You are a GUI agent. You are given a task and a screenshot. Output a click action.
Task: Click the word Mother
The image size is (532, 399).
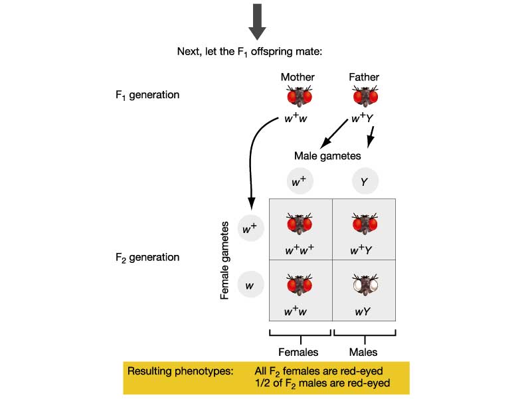coord(298,77)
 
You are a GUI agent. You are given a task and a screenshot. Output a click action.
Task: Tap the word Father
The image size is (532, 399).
coord(364,77)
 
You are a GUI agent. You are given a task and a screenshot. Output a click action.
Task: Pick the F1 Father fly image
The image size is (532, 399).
coord(365,97)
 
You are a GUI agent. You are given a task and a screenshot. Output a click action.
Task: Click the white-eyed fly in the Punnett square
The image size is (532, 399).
coord(364,286)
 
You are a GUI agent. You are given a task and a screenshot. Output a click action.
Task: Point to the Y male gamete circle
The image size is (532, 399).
coord(365,181)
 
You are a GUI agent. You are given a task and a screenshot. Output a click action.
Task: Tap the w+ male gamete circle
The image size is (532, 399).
coord(299,181)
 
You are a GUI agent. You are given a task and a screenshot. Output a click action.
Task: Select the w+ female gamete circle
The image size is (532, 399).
coord(250,229)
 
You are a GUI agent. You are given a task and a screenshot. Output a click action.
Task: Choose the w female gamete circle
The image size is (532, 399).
coord(250,285)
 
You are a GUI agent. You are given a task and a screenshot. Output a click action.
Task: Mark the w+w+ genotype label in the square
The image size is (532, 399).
coord(299,250)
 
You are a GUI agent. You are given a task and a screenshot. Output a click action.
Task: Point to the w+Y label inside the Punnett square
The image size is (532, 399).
coord(364,250)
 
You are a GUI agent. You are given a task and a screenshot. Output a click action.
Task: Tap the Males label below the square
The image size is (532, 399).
coord(364,352)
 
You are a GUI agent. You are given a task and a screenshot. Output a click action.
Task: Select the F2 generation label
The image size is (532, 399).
coord(147,257)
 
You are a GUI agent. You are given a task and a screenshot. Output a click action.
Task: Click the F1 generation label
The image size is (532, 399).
coord(147,95)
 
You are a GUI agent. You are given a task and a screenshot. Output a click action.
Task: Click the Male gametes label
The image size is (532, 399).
coord(327,156)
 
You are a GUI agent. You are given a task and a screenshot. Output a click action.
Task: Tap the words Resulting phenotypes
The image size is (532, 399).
coord(180,371)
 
